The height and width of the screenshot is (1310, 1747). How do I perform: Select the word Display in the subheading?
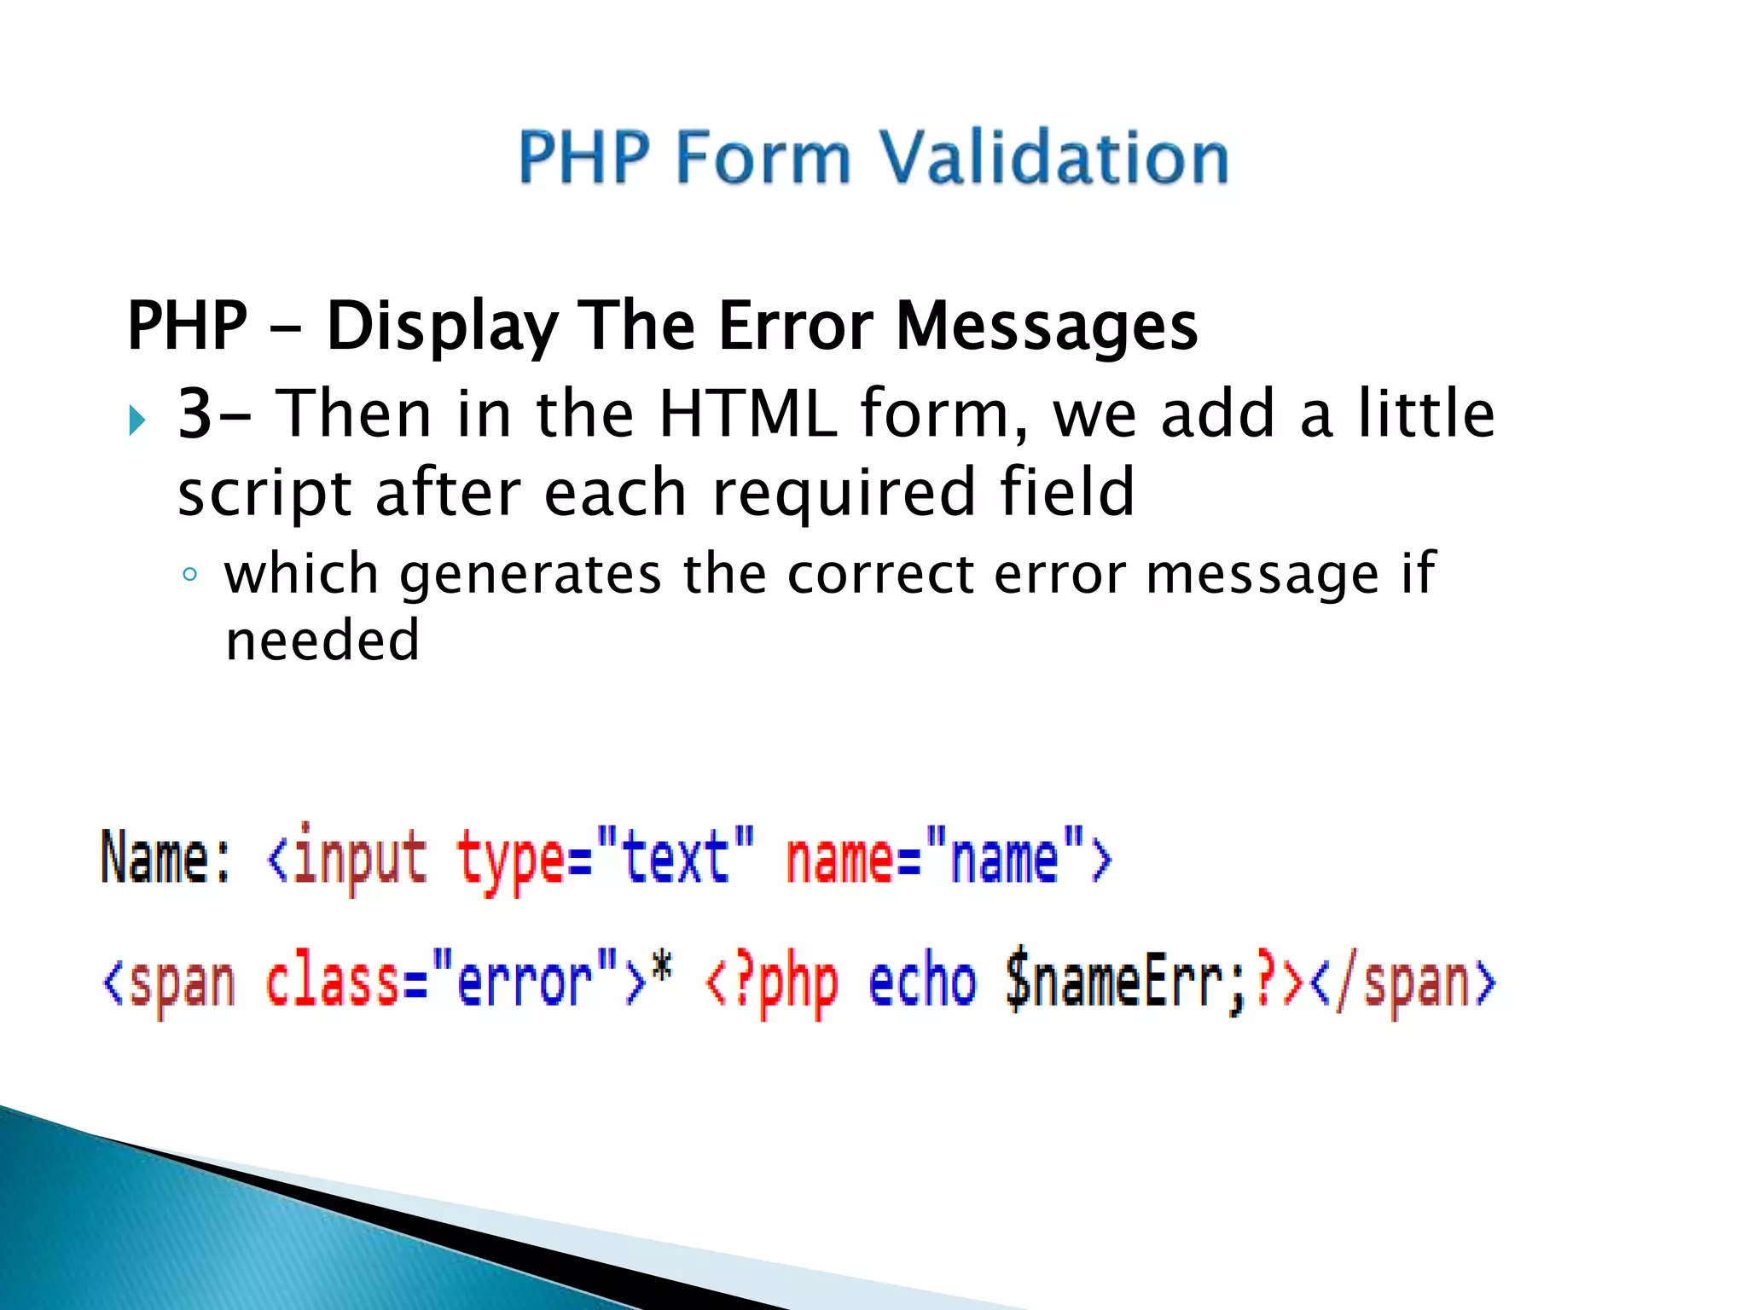coord(442,327)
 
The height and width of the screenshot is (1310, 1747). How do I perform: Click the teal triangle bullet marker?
coord(137,420)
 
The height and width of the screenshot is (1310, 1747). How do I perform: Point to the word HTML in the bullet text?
coord(747,414)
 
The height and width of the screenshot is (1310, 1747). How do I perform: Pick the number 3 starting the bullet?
coord(194,414)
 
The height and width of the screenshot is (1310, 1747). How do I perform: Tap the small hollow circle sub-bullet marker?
coord(189,574)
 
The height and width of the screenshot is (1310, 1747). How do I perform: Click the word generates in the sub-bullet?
coord(530,574)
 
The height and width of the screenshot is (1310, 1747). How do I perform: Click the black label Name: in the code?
coord(165,858)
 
